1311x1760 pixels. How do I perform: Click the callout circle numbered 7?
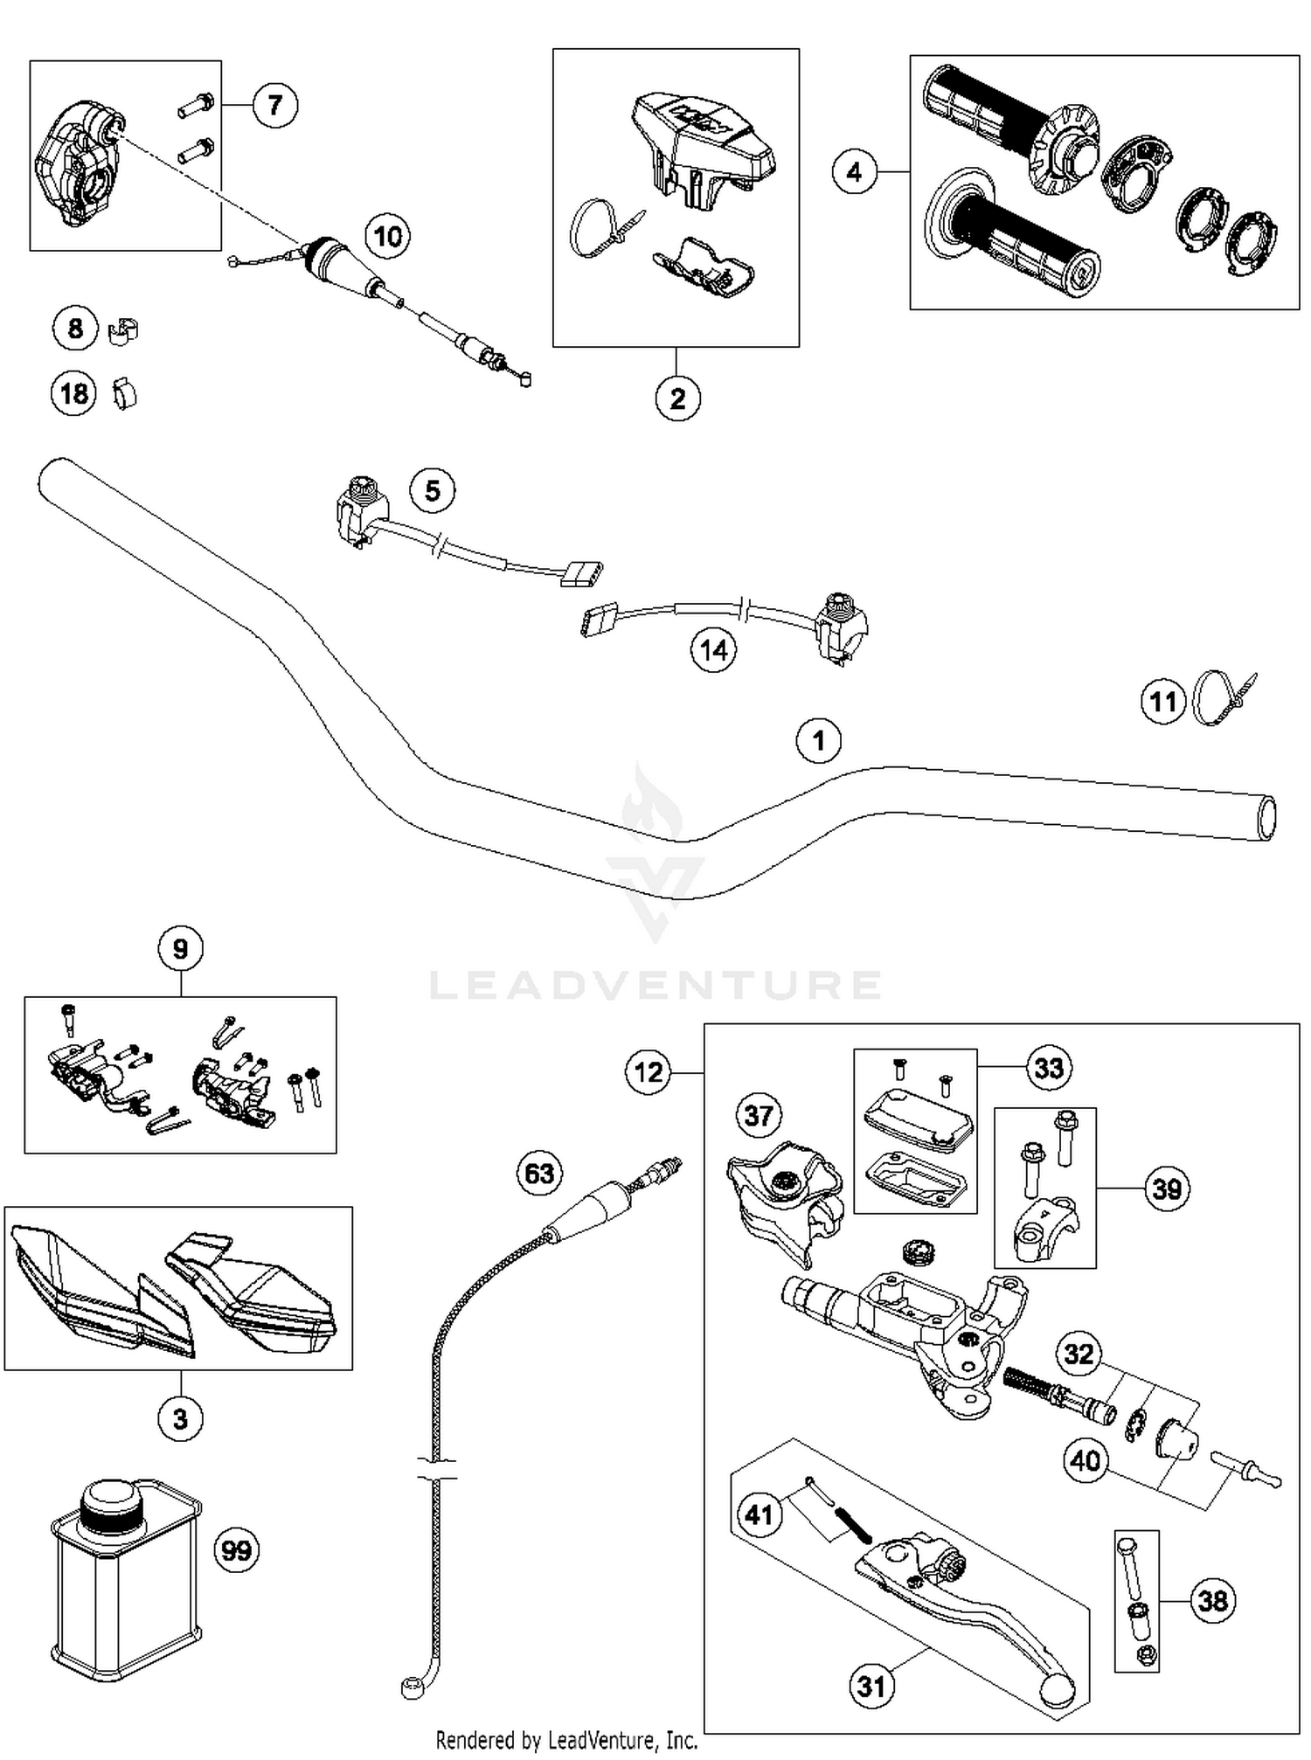274,106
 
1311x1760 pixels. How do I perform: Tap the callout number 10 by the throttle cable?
387,236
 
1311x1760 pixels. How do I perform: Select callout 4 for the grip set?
854,172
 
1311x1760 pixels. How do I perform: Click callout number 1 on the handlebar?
818,741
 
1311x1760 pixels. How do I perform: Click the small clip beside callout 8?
125,331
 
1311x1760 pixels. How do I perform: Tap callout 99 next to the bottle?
237,1551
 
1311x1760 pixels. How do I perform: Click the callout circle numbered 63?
539,1173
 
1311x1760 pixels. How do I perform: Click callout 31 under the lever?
871,1686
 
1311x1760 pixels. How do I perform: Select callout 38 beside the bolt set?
1212,1601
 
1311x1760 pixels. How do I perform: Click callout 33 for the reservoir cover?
1048,1068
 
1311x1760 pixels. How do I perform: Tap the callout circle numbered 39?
1167,1188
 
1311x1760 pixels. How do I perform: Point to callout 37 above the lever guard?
758,1115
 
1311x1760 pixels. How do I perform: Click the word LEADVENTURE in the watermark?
655,985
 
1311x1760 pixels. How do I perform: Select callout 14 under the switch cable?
713,650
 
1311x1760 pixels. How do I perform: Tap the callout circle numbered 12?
648,1072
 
